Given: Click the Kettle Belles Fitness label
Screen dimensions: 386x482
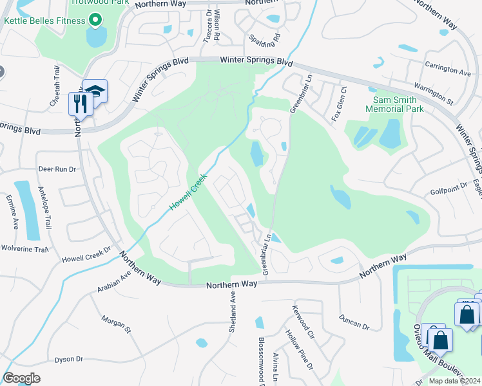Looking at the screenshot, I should tap(44, 21).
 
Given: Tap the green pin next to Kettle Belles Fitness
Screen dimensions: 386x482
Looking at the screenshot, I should tap(95, 21).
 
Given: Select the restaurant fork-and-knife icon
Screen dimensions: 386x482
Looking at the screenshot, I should tap(80, 103).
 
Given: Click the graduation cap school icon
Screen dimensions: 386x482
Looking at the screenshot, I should tap(95, 91).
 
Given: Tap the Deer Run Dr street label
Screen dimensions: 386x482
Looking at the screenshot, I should tap(57, 169).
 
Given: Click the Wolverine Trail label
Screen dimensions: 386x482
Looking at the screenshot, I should tap(24, 248).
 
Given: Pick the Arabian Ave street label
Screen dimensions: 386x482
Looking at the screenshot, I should tap(115, 280).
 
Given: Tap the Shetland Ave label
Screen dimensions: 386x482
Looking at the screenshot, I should tap(233, 311).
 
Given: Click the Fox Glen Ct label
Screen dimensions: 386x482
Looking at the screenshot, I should tap(336, 104).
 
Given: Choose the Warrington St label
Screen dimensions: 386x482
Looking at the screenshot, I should tap(432, 93).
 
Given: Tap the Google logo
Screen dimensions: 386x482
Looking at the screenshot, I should tap(21, 378).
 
